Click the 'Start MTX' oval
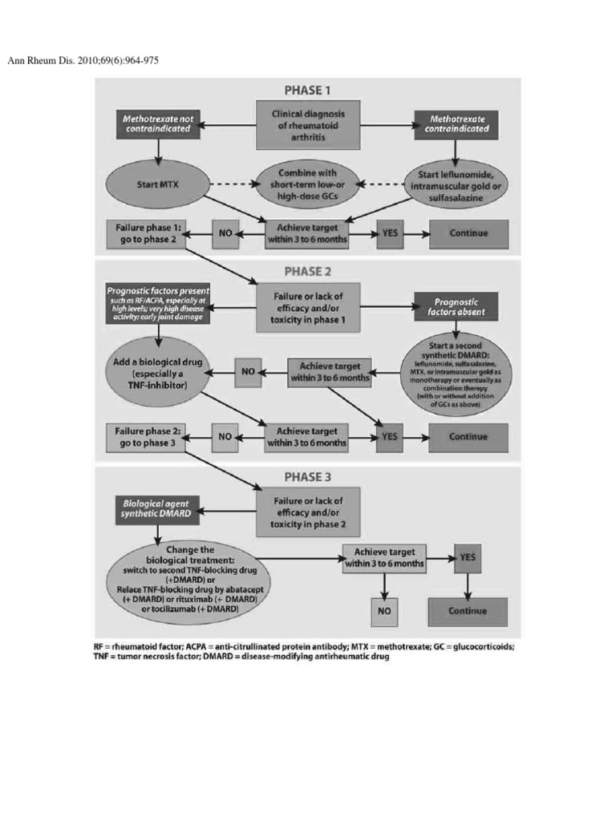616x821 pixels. pyautogui.click(x=156, y=184)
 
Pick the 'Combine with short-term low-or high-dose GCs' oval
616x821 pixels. pyautogui.click(x=308, y=184)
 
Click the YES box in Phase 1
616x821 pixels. pyautogui.click(x=394, y=234)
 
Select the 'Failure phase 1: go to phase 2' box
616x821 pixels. pyautogui.click(x=144, y=234)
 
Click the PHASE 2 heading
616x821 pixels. pyautogui.click(x=308, y=271)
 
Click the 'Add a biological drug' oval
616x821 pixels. pyautogui.click(x=156, y=370)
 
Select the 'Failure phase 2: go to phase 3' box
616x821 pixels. pyautogui.click(x=144, y=436)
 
